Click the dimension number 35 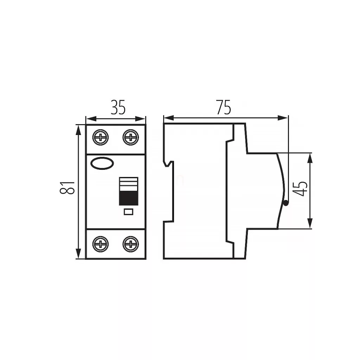pos(118,108)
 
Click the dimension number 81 pos(67,188)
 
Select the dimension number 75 pos(223,107)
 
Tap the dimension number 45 pos(301,189)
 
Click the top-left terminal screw pos(101,137)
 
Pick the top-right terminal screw pos(131,137)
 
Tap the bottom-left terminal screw pos(101,244)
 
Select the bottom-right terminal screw pos(131,244)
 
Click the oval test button pos(102,163)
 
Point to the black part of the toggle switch pos(129,198)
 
